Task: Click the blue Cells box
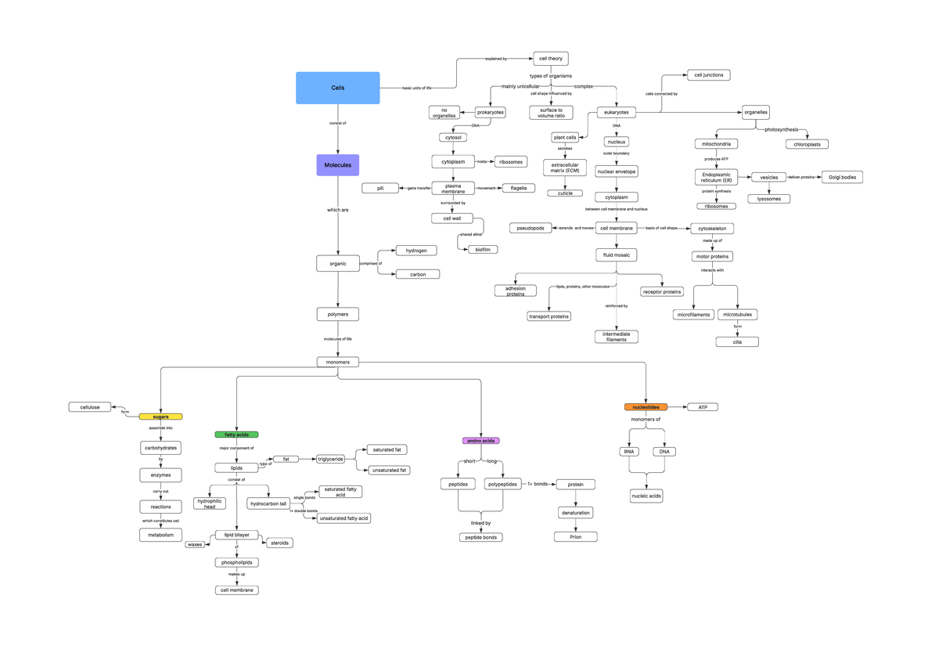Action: pos(337,88)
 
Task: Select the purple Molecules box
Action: pos(337,165)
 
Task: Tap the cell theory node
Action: pos(551,58)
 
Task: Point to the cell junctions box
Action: pos(709,75)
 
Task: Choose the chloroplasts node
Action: pos(807,144)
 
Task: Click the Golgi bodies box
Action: pos(841,178)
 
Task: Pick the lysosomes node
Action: pos(768,199)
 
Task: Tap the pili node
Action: pos(380,188)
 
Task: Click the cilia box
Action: pos(737,341)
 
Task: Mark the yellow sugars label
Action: pos(160,417)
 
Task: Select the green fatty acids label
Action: pos(236,434)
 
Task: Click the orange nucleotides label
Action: pos(646,407)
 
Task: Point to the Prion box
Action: pos(576,536)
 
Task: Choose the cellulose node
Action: pos(90,407)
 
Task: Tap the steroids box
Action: pos(279,543)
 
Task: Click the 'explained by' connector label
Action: pos(496,59)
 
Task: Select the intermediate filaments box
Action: pos(617,337)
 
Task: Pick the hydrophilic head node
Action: pos(210,503)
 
